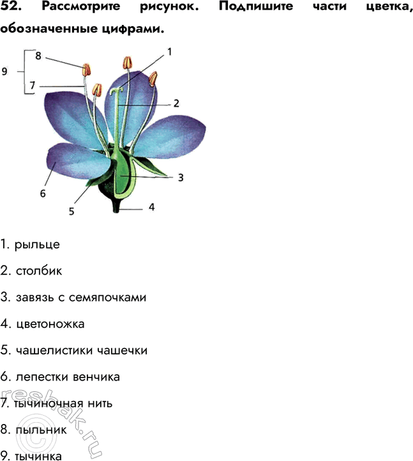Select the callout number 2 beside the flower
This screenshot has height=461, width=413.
pyautogui.click(x=176, y=102)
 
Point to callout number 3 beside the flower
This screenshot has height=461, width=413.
pyautogui.click(x=181, y=178)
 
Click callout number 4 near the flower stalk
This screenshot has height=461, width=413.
pyautogui.click(x=151, y=207)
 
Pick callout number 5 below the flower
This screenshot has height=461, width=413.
pyautogui.click(x=71, y=210)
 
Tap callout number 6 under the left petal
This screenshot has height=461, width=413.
pyautogui.click(x=43, y=193)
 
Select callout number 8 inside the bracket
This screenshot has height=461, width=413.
pyautogui.click(x=38, y=56)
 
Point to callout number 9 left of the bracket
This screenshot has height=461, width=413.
pyautogui.click(x=4, y=72)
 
